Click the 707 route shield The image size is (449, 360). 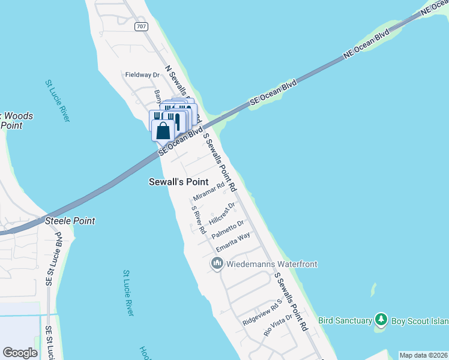click(142, 27)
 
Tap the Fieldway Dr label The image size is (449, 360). click(141, 75)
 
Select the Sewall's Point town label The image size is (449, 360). click(178, 182)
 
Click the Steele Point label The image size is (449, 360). click(70, 221)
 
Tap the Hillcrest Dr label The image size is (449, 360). click(221, 212)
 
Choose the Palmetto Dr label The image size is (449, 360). click(228, 229)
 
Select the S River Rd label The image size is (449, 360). click(199, 220)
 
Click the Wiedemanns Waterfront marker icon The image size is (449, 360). click(217, 263)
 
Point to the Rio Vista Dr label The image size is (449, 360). click(277, 324)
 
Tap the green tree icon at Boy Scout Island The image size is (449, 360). click(380, 319)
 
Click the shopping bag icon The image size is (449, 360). click(163, 129)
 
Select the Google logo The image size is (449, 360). click(20, 353)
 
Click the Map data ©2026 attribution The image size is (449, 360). click(423, 355)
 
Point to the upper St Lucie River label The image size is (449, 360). click(58, 101)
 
